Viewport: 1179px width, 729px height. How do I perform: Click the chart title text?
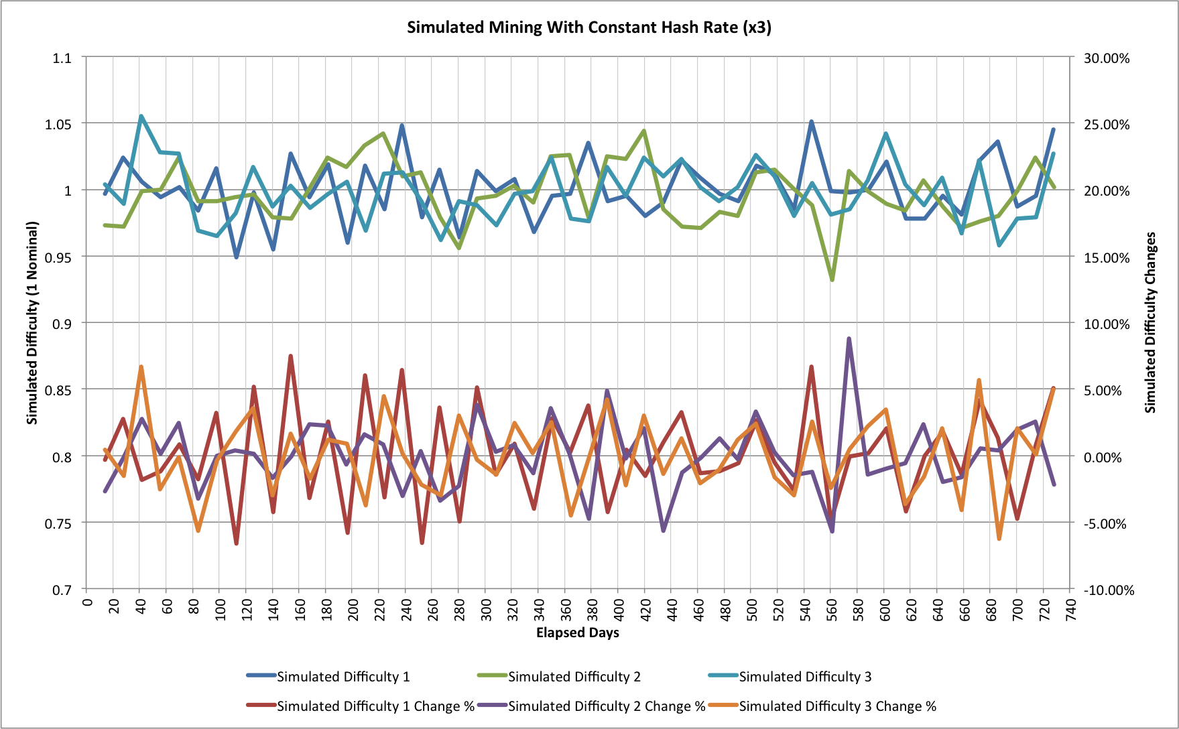click(588, 27)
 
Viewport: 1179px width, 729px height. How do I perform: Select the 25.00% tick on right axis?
click(1107, 124)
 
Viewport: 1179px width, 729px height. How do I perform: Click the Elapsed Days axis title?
click(577, 633)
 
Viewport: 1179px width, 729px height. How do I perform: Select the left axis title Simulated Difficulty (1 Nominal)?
click(32, 323)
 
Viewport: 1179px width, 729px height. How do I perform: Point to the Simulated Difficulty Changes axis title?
click(1150, 323)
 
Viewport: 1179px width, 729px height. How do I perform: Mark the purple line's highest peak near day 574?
click(849, 339)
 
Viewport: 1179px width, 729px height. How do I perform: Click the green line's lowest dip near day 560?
click(832, 279)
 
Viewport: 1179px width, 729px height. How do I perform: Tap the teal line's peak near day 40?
click(141, 116)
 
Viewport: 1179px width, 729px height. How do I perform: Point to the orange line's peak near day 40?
click(141, 367)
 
